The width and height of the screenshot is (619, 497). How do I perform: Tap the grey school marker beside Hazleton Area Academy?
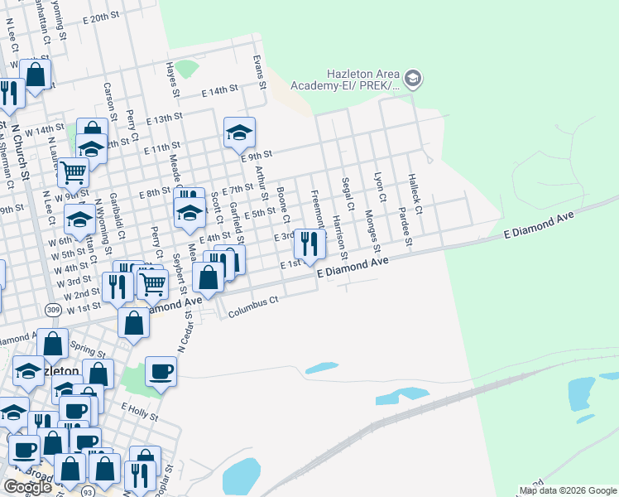[413, 80]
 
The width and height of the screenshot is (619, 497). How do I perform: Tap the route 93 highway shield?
[89, 491]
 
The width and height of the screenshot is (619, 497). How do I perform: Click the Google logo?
[27, 487]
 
